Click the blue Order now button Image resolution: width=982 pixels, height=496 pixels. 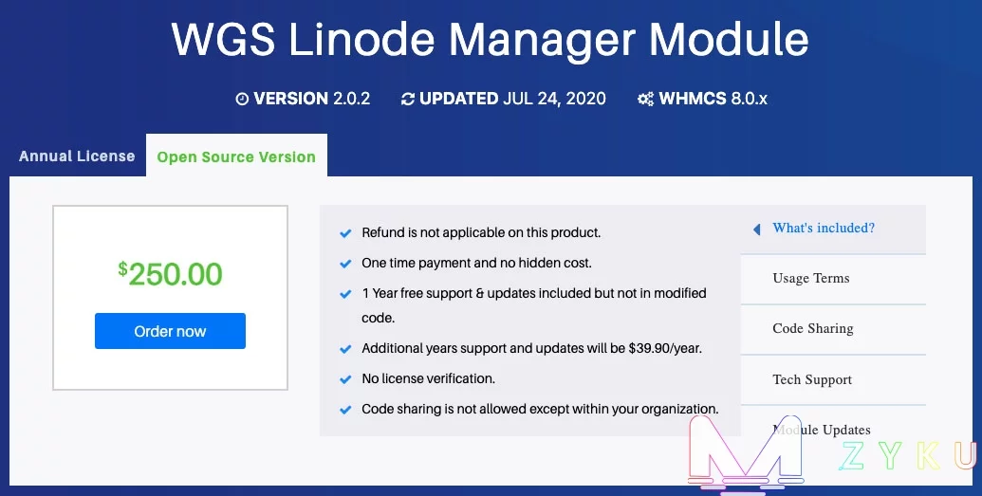pyautogui.click(x=170, y=331)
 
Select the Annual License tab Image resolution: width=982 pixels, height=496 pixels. pyautogui.click(x=77, y=156)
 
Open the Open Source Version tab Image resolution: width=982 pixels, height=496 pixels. pyautogui.click(x=236, y=156)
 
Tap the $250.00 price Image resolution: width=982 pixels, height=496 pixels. pyautogui.click(x=170, y=274)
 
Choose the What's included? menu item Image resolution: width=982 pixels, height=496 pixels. pyautogui.click(x=824, y=228)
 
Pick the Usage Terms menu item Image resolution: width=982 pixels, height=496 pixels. pyautogui.click(x=811, y=278)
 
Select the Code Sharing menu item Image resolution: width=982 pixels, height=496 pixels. pyautogui.click(x=813, y=329)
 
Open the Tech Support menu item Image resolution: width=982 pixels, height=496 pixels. pyautogui.click(x=812, y=379)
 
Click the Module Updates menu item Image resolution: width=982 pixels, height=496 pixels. pyautogui.click(x=822, y=430)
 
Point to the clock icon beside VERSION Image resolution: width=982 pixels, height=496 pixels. pyautogui.click(x=242, y=99)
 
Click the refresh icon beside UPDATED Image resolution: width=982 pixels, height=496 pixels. pyautogui.click(x=408, y=99)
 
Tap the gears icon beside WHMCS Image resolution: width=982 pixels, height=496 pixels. pyautogui.click(x=646, y=99)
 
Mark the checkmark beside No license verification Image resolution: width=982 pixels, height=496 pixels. pyautogui.click(x=345, y=379)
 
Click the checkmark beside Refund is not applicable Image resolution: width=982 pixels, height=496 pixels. pyautogui.click(x=345, y=233)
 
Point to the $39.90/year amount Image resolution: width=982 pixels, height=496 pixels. pyautogui.click(x=665, y=348)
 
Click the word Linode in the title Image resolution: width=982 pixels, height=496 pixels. pyautogui.click(x=361, y=40)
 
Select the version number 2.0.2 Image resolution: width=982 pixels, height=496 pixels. pyautogui.click(x=351, y=99)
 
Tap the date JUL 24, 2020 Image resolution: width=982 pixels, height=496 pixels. pyautogui.click(x=555, y=99)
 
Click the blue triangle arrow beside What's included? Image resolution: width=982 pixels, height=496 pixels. pyautogui.click(x=756, y=230)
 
